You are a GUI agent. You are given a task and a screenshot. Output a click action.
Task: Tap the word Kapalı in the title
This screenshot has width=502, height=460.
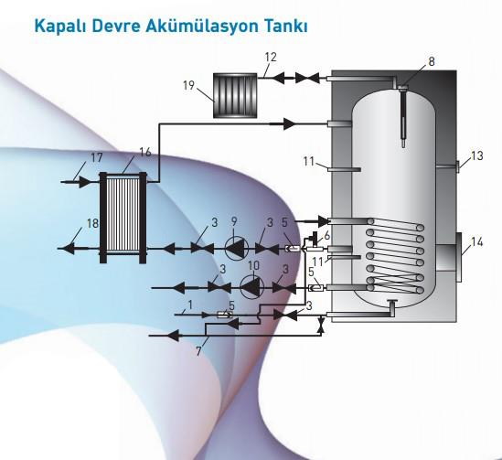[x=59, y=26]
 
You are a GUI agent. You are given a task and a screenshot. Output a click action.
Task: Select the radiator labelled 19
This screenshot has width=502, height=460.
[x=235, y=95]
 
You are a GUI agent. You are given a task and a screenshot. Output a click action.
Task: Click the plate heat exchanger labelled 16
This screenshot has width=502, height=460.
[x=123, y=218]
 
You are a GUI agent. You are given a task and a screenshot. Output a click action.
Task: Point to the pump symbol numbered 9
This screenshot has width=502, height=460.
[x=237, y=249]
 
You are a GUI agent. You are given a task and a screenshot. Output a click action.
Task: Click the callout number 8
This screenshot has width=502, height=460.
[x=432, y=61]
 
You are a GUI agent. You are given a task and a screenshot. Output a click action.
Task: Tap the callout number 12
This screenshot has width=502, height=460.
[x=271, y=57]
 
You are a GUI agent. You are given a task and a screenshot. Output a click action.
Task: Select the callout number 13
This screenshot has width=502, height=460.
[x=476, y=155]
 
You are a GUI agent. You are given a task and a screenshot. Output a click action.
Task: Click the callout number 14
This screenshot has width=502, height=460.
[x=476, y=242]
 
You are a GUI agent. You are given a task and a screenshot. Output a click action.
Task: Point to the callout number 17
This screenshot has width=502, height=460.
[x=97, y=157]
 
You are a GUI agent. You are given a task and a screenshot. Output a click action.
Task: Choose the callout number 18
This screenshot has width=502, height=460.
[x=92, y=223]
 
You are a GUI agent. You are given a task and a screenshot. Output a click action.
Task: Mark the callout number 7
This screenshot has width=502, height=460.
[x=198, y=351]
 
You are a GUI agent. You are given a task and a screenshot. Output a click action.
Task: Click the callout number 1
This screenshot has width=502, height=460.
[x=190, y=305]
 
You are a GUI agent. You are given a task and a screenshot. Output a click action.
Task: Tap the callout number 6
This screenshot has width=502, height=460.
[x=326, y=236]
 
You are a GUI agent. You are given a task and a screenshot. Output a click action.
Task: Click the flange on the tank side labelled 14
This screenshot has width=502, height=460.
[x=458, y=258]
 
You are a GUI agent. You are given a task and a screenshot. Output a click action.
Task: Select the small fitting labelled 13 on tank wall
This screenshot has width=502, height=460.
[x=457, y=166]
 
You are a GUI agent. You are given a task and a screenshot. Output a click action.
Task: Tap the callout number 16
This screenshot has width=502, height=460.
[x=145, y=152]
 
